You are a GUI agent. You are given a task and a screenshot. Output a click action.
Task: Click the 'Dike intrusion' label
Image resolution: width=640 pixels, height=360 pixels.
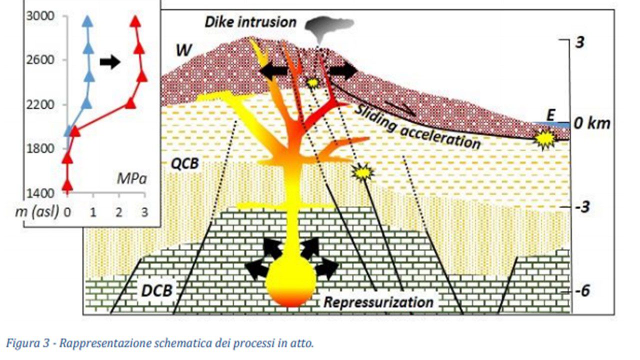(x=250, y=22)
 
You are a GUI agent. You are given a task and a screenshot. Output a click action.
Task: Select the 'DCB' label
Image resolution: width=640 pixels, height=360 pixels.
(x=157, y=290)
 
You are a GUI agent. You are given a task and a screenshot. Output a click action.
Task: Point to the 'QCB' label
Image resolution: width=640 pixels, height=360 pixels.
(x=184, y=163)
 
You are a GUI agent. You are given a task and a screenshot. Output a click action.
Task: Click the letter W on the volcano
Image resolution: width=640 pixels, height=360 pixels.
(x=183, y=50)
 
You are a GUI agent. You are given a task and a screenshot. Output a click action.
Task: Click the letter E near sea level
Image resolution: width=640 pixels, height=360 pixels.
(x=550, y=115)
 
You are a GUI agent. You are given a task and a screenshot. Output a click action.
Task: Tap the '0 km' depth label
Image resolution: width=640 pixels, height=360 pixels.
(x=591, y=123)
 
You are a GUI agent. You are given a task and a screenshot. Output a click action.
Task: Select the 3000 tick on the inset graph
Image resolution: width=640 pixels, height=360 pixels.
(x=40, y=16)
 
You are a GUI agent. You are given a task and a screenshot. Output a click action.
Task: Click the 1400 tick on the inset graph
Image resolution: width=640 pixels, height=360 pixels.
(x=40, y=193)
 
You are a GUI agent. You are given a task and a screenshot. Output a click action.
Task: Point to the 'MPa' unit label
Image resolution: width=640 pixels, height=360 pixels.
(x=131, y=179)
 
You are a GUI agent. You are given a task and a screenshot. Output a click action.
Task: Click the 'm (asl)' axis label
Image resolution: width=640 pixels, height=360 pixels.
(x=37, y=212)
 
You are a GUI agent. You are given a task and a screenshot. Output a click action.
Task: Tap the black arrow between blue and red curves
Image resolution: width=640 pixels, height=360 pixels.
(x=110, y=61)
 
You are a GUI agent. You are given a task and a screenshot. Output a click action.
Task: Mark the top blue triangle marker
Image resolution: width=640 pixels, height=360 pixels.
(x=87, y=21)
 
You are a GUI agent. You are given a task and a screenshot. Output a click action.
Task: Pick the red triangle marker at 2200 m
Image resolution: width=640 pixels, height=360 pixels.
(x=130, y=103)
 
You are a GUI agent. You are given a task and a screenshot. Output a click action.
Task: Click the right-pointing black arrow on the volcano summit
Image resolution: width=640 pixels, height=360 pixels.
(x=343, y=71)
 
